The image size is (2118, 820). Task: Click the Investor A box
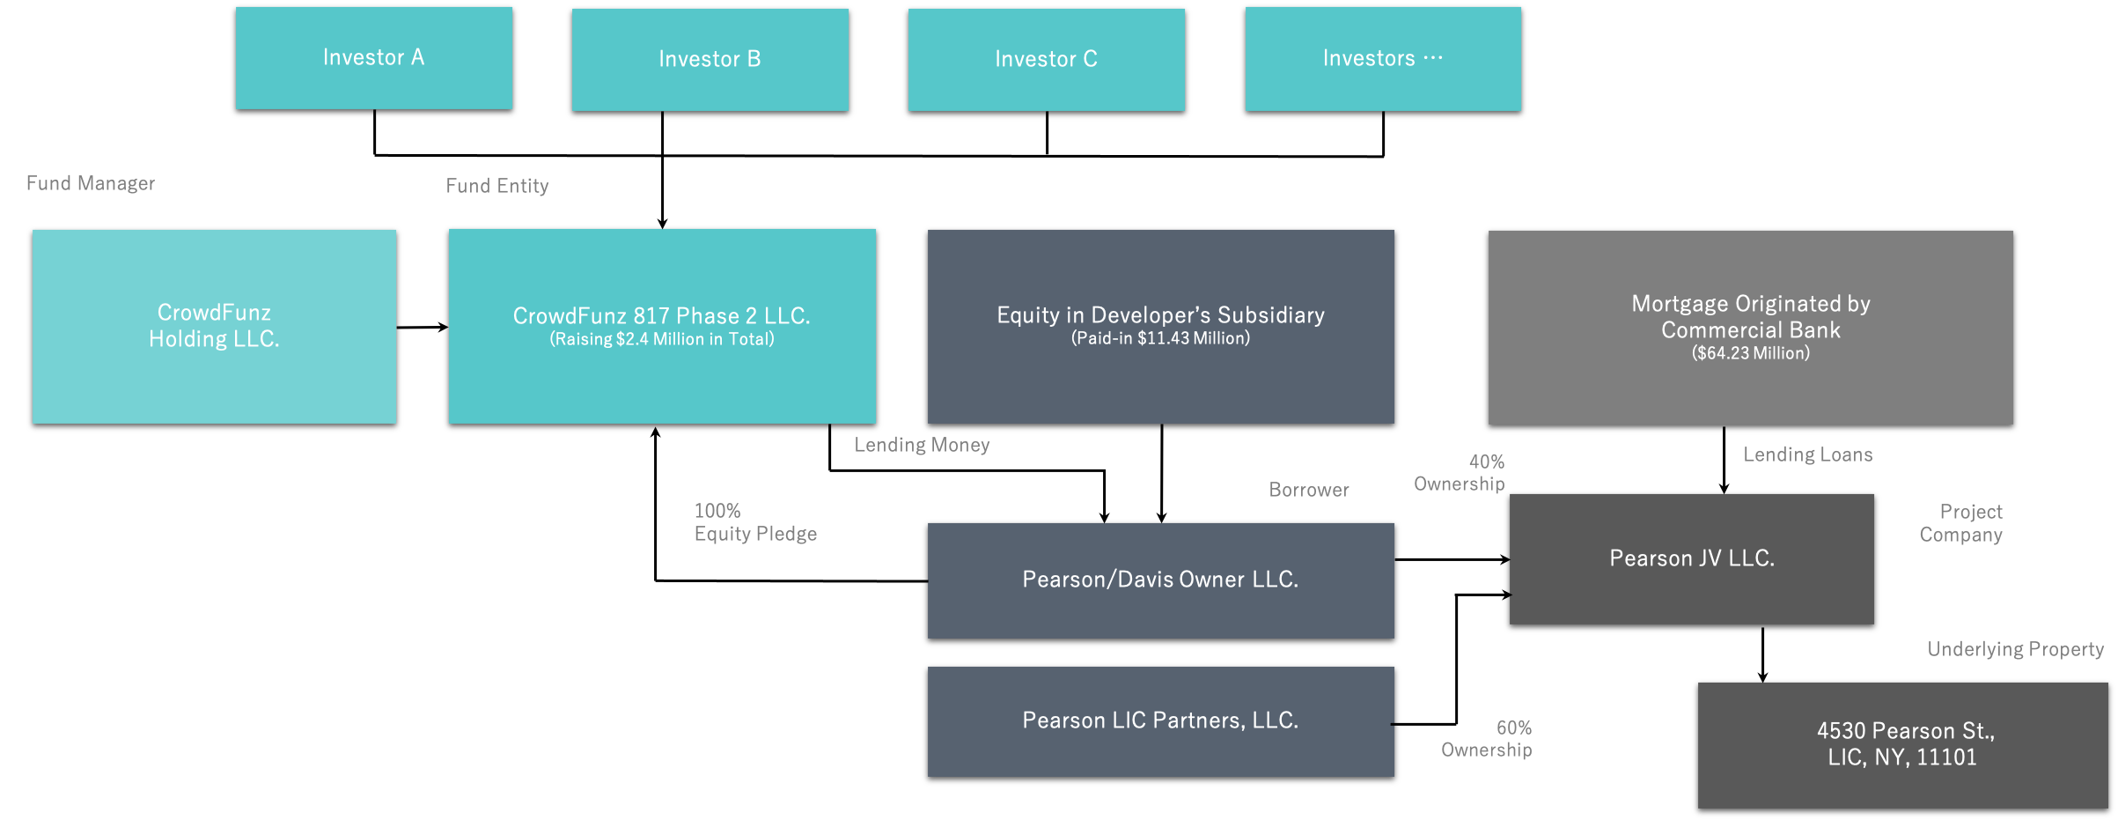coord(374,58)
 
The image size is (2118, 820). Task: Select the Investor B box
coord(710,60)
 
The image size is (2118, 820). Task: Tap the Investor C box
coord(1047,60)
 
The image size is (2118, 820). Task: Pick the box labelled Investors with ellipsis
coord(1383,59)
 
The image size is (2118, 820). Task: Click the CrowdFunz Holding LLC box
coord(215,327)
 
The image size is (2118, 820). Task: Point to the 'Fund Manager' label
coord(91,183)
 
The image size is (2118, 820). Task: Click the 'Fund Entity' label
coord(497,186)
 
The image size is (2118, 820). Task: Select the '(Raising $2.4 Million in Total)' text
coord(662,339)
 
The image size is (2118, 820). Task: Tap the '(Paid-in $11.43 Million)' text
coord(1160,338)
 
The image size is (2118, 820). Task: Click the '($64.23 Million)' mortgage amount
coord(1751,353)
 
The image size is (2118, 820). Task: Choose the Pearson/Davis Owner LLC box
coord(1161,580)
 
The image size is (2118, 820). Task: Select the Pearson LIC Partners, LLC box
coord(1161,721)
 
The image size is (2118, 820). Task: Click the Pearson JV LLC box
coord(1692,559)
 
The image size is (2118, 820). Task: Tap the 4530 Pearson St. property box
coord(1903,745)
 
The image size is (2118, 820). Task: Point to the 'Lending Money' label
coord(922,445)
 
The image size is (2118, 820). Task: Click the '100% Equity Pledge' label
coord(755,522)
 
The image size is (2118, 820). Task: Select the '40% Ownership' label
coord(1460,473)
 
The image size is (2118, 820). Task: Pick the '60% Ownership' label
coord(1487,739)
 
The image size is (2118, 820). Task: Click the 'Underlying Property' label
coord(2016,649)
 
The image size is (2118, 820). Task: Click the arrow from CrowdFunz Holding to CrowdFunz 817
coord(423,328)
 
